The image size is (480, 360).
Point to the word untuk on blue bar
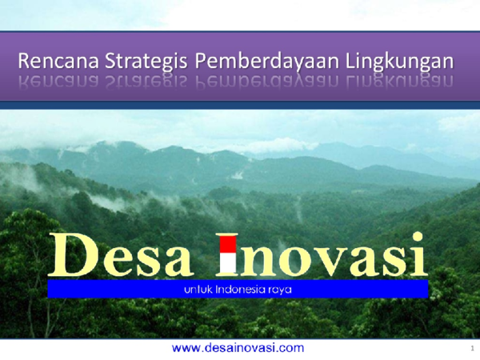(x=188, y=289)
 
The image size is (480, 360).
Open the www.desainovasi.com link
(x=238, y=347)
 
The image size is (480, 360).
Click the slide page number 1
(x=472, y=349)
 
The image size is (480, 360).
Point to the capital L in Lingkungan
(x=351, y=59)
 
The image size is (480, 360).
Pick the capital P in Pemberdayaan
(x=203, y=59)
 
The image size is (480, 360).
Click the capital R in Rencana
(x=24, y=60)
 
